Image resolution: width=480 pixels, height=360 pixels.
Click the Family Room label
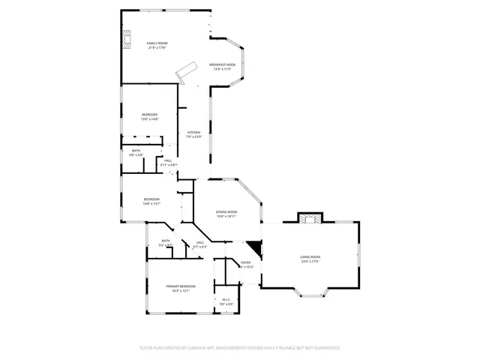pyautogui.click(x=157, y=43)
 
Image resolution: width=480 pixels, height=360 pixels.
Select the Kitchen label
pyautogui.click(x=194, y=132)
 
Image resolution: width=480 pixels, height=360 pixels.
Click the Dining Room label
pyautogui.click(x=226, y=212)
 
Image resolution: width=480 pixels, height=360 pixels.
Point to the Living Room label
pyautogui.click(x=310, y=257)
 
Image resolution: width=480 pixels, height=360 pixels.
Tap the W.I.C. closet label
pyautogui.click(x=226, y=300)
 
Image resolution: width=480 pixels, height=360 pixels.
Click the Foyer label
pyautogui.click(x=246, y=262)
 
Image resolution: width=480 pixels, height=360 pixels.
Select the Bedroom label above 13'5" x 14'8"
pyautogui.click(x=150, y=114)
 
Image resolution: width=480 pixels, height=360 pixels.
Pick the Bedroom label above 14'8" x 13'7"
pyautogui.click(x=151, y=199)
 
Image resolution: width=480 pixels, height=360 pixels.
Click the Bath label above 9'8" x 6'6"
pyautogui.click(x=136, y=151)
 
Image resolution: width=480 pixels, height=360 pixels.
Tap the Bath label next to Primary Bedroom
pyautogui.click(x=165, y=241)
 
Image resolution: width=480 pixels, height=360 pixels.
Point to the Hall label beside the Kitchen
pyautogui.click(x=168, y=160)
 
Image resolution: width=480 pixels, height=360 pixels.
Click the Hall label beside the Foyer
pyautogui.click(x=200, y=242)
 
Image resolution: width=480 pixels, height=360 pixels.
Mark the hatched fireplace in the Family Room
pyautogui.click(x=127, y=38)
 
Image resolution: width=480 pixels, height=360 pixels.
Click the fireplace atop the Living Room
pyautogui.click(x=310, y=218)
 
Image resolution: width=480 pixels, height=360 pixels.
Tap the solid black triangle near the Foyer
pyautogui.click(x=256, y=248)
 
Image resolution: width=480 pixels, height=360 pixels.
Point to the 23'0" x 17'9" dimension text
pyautogui.click(x=310, y=262)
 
